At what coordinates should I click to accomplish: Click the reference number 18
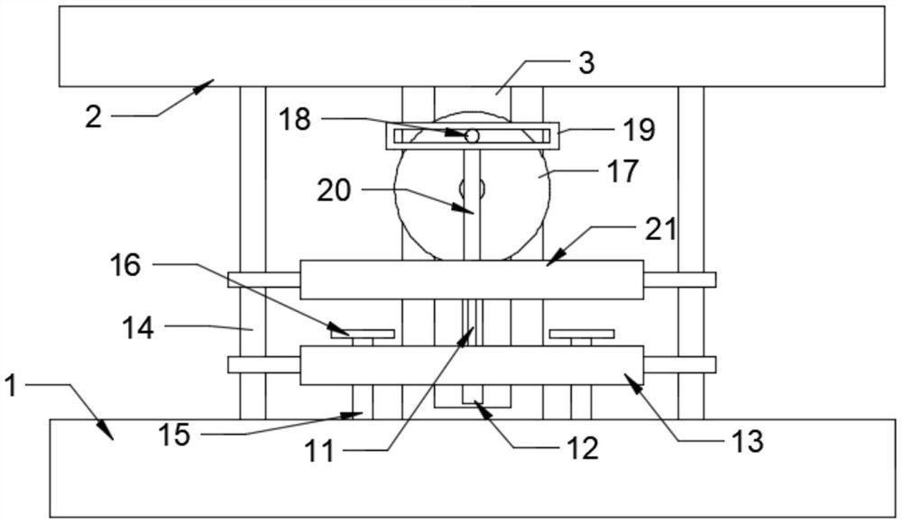295,119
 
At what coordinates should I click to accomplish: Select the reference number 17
622,170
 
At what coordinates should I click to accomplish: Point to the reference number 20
335,191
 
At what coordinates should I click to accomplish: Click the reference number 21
660,229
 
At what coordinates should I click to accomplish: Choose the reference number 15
174,435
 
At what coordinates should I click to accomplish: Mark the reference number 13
748,441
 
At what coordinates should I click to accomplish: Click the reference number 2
93,117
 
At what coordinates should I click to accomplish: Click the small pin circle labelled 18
472,135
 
